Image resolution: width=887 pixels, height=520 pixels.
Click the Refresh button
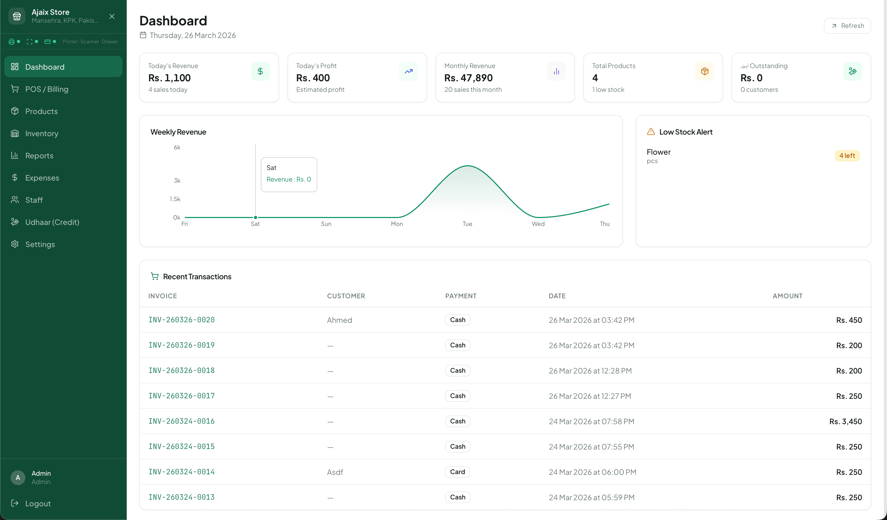pyautogui.click(x=847, y=26)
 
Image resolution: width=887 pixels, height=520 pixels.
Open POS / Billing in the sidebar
pyautogui.click(x=47, y=89)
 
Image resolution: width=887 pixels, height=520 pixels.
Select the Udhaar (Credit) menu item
pyautogui.click(x=52, y=222)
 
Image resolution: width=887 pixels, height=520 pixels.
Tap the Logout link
pyautogui.click(x=38, y=503)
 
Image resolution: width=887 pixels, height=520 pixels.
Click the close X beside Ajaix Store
pyautogui.click(x=112, y=17)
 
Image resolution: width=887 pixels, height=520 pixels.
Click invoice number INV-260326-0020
pyautogui.click(x=181, y=320)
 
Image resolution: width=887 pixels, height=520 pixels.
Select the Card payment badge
pyautogui.click(x=457, y=472)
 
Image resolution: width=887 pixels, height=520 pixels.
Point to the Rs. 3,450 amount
pyautogui.click(x=846, y=422)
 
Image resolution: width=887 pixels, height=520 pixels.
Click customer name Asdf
pyautogui.click(x=335, y=472)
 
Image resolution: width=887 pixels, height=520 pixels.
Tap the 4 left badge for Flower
pyautogui.click(x=847, y=155)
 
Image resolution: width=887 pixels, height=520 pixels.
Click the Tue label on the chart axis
pyautogui.click(x=467, y=224)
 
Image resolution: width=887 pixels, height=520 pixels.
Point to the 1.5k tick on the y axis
pyautogui.click(x=175, y=199)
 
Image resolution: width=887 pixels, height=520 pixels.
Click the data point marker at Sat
pyautogui.click(x=256, y=218)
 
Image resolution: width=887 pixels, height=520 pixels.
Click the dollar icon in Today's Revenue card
pyautogui.click(x=260, y=72)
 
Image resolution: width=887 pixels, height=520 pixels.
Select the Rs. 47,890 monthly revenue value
pyautogui.click(x=468, y=78)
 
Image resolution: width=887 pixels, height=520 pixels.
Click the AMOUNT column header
pyautogui.click(x=787, y=296)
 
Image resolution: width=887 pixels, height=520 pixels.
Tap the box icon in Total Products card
pyautogui.click(x=704, y=72)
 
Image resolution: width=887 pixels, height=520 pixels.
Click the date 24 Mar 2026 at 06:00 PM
pyautogui.click(x=592, y=472)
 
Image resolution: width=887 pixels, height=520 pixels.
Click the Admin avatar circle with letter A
pyautogui.click(x=18, y=478)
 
